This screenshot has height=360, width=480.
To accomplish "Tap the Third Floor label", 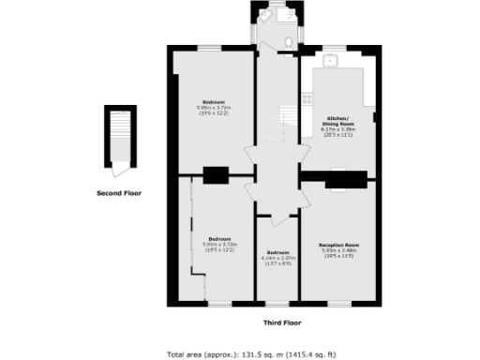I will point(281,322).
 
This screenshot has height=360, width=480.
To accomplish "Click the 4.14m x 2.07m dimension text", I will point(277,261).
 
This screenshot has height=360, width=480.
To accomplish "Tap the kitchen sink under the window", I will point(330,61).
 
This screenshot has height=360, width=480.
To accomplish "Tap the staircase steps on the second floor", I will point(118,136).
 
